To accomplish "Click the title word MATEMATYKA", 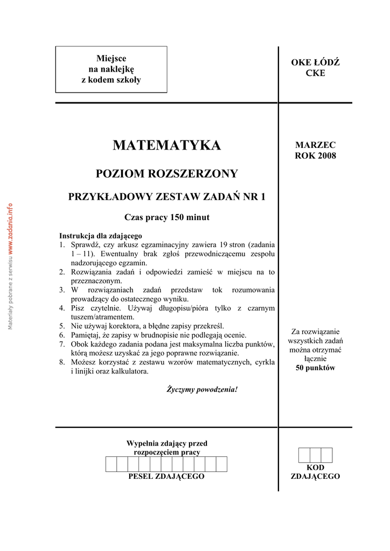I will coord(166,145).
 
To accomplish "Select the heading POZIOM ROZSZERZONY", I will coord(166,174).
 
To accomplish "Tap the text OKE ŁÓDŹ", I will coord(315,63).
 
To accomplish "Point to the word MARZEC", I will coord(315,145).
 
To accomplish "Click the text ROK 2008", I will coord(315,156).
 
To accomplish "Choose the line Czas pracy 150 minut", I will coord(166,217).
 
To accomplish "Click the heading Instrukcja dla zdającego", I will coord(100,236).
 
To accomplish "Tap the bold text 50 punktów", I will coord(315,368).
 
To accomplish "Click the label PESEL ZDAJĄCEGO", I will coord(166,477).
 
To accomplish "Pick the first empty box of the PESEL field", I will coord(111,464).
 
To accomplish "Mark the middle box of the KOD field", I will coord(315,455).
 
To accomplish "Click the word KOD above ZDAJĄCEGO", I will coord(315,468).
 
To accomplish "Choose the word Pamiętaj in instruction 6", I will coord(88,335).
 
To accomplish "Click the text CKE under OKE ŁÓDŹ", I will coord(315,73).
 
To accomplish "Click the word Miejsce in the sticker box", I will coord(111,58).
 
